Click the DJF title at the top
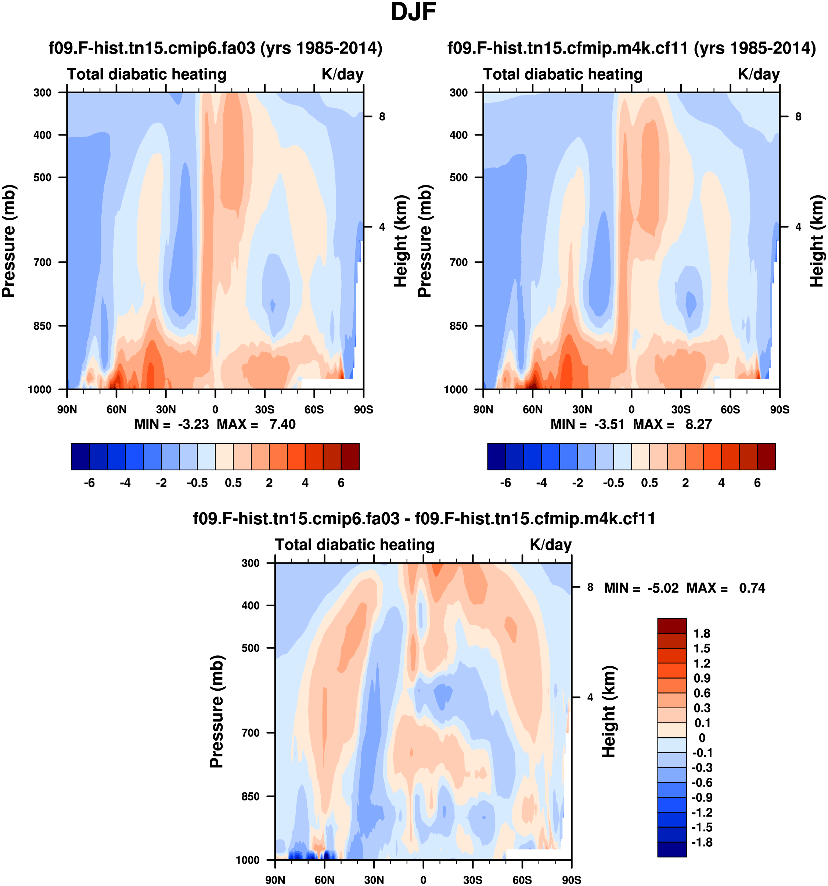coord(413,12)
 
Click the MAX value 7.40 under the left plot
coord(282,424)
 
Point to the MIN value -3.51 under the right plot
coord(609,424)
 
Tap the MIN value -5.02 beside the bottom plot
coord(663,588)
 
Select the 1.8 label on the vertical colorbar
coord(702,634)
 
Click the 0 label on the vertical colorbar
coord(702,738)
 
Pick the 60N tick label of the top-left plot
coord(116,409)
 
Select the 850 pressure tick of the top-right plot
coord(458,326)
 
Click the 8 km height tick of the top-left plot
coord(382,117)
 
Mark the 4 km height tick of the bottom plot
coord(590,698)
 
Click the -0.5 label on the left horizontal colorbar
coord(197,483)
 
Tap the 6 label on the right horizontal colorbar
coord(757,483)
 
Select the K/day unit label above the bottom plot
coord(550,545)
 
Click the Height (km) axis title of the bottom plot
coord(609,712)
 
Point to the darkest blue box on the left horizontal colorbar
coord(80,457)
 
